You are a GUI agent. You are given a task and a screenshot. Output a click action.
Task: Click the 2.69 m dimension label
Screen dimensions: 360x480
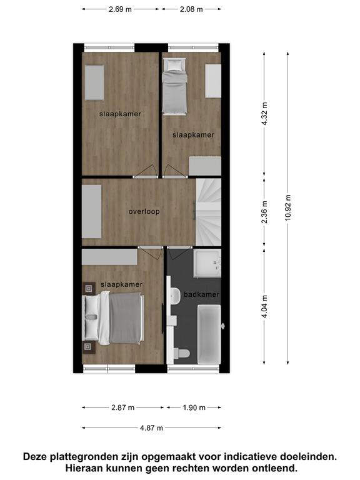120,9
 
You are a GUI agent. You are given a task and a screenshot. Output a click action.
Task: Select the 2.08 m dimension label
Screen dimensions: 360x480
191,9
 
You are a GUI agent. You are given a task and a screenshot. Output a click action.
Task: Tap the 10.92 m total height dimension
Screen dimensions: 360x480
288,208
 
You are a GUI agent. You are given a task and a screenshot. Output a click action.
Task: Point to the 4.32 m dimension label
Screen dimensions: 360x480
265,114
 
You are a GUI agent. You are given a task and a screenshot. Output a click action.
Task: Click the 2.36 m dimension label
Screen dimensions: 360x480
265,212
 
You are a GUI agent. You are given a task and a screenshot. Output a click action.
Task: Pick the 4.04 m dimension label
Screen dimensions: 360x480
265,306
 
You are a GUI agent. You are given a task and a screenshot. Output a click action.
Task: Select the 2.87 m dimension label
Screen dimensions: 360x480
122,407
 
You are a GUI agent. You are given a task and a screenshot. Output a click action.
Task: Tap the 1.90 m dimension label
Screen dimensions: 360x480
194,407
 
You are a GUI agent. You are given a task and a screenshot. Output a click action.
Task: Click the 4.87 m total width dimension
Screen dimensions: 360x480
151,427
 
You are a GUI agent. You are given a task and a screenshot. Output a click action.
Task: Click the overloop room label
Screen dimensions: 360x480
144,211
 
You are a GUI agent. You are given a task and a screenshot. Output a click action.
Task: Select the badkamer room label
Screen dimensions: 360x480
201,294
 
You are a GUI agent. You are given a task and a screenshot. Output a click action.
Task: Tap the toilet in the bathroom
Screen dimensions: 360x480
181,354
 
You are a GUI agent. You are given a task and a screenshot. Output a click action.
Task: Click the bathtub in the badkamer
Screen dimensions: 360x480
209,334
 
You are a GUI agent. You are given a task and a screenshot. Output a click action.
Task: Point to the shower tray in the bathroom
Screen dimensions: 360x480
207,263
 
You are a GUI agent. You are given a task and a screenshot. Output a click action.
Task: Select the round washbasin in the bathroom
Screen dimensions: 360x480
176,296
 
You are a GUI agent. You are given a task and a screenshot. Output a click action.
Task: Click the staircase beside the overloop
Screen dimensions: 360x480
208,212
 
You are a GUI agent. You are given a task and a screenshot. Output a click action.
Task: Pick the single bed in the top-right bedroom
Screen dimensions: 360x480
174,87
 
